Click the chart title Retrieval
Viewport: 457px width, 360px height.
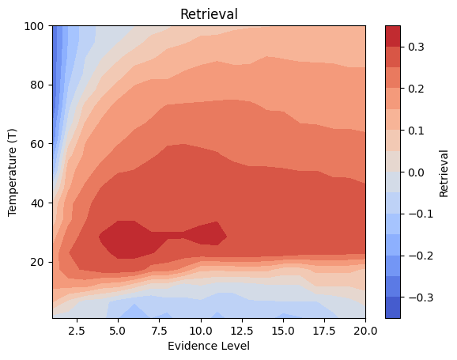pyautogui.click(x=209, y=14)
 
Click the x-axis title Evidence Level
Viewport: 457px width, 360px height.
pyautogui.click(x=209, y=346)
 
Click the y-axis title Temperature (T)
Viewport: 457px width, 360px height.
pyautogui.click(x=13, y=172)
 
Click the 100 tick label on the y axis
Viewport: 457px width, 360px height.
pyautogui.click(x=33, y=26)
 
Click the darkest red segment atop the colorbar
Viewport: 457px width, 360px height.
pyautogui.click(x=392, y=35)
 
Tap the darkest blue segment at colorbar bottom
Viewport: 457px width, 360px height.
pyautogui.click(x=392, y=308)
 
